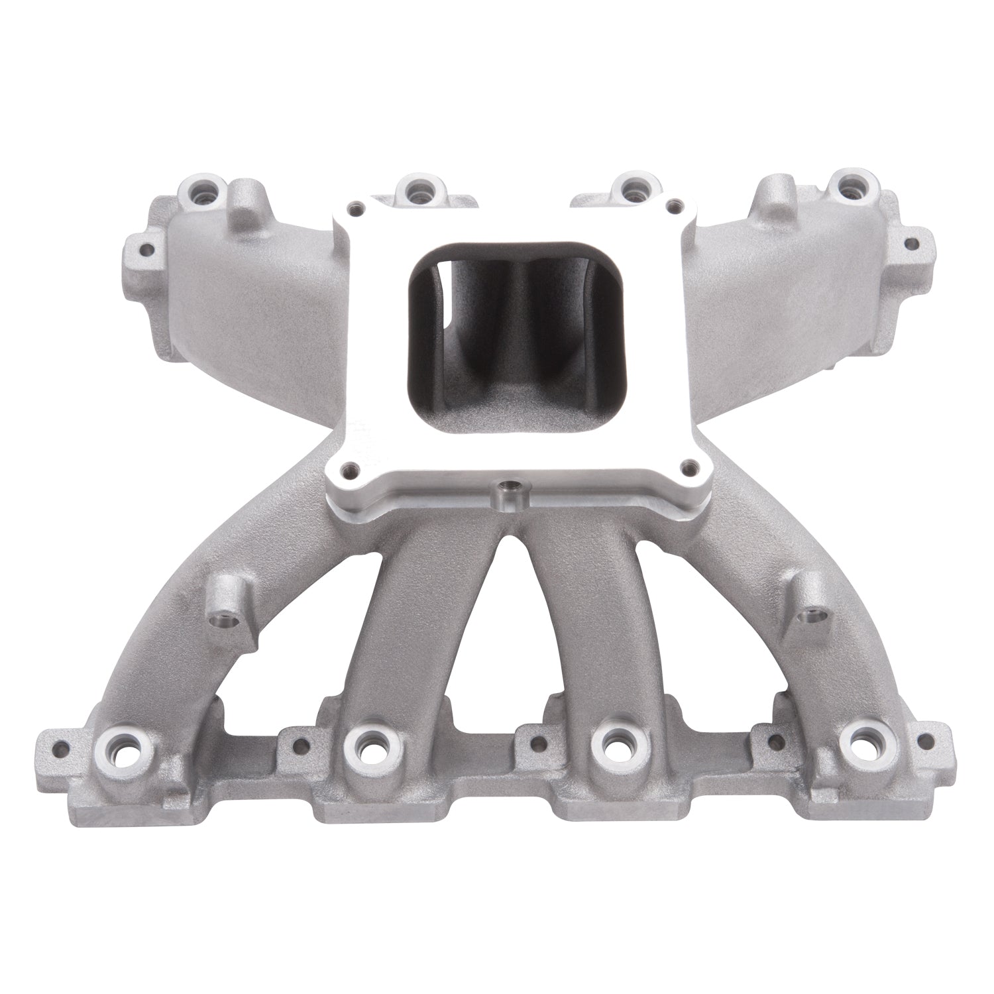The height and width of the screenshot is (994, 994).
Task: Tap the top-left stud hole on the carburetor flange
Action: [x=359, y=205]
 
